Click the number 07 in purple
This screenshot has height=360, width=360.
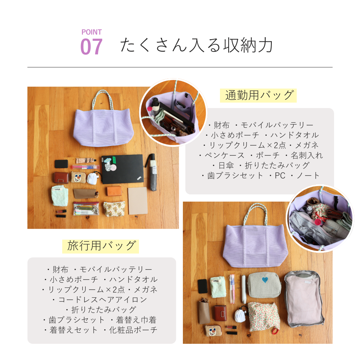point(91,46)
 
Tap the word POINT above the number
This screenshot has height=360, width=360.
point(91,32)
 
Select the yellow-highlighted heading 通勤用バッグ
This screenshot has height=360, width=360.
point(258,95)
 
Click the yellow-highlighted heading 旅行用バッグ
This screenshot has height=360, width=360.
point(100,246)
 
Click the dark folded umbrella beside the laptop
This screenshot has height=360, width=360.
point(152,172)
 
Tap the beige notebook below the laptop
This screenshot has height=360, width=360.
point(138,201)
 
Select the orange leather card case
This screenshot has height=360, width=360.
point(114,191)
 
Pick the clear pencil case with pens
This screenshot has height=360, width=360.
point(86,208)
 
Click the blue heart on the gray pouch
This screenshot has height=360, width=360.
point(265,280)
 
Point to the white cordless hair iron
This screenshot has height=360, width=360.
point(244,289)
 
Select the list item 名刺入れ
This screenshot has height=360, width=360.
point(307,156)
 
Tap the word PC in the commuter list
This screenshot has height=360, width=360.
point(280,176)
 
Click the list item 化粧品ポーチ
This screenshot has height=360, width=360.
point(133,330)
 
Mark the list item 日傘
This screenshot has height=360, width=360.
point(226,165)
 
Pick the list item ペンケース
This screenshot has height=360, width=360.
point(225,156)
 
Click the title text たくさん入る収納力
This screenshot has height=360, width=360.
point(197,45)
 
